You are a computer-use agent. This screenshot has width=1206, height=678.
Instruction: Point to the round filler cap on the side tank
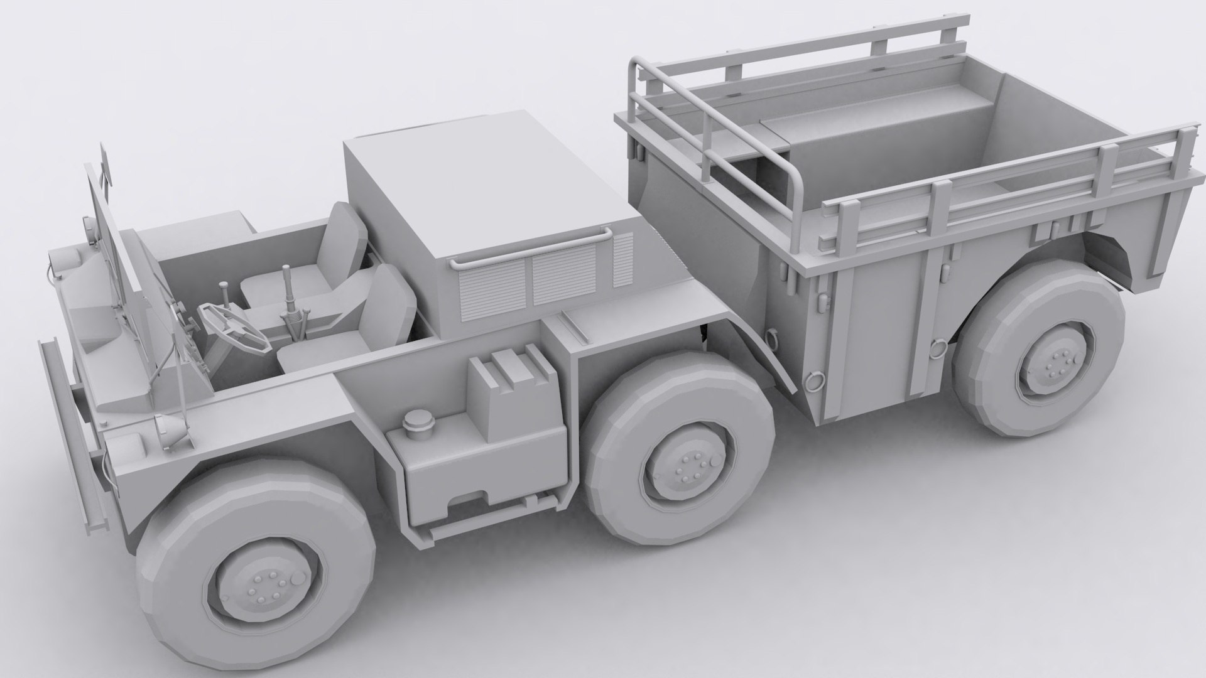(x=415, y=421)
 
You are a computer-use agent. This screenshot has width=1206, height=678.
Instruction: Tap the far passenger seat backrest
(x=346, y=233)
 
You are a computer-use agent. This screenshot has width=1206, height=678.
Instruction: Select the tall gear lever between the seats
(x=287, y=286)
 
